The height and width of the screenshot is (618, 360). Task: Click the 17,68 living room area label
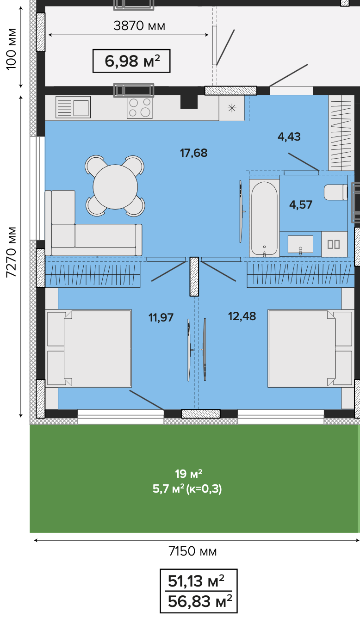click(x=193, y=153)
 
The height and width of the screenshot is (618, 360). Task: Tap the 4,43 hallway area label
click(x=289, y=136)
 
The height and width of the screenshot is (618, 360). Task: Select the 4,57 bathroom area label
click(x=301, y=205)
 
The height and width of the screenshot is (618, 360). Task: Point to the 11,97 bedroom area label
click(x=161, y=317)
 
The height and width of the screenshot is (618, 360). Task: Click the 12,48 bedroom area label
click(x=242, y=316)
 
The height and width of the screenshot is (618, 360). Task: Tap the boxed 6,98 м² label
click(x=132, y=61)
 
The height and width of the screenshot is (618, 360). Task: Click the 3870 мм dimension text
click(x=139, y=26)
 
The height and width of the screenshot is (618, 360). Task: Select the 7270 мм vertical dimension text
click(x=12, y=252)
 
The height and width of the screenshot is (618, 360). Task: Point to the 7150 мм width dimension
click(x=192, y=552)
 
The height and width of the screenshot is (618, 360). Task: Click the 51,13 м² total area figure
click(x=196, y=581)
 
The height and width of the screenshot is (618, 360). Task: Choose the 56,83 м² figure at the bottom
click(x=199, y=601)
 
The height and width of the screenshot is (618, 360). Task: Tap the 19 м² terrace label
click(x=188, y=474)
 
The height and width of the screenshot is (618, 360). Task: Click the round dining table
click(x=115, y=187)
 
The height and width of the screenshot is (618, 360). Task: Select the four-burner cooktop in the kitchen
click(x=140, y=107)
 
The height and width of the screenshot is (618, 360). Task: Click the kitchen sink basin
click(x=81, y=108)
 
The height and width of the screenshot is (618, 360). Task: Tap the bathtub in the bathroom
click(x=264, y=218)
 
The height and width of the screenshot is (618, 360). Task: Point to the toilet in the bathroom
click(x=336, y=192)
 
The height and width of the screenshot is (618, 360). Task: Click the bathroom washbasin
click(x=300, y=244)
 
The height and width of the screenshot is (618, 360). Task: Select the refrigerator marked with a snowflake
click(x=232, y=108)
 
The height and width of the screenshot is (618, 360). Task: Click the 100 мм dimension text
click(x=12, y=49)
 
